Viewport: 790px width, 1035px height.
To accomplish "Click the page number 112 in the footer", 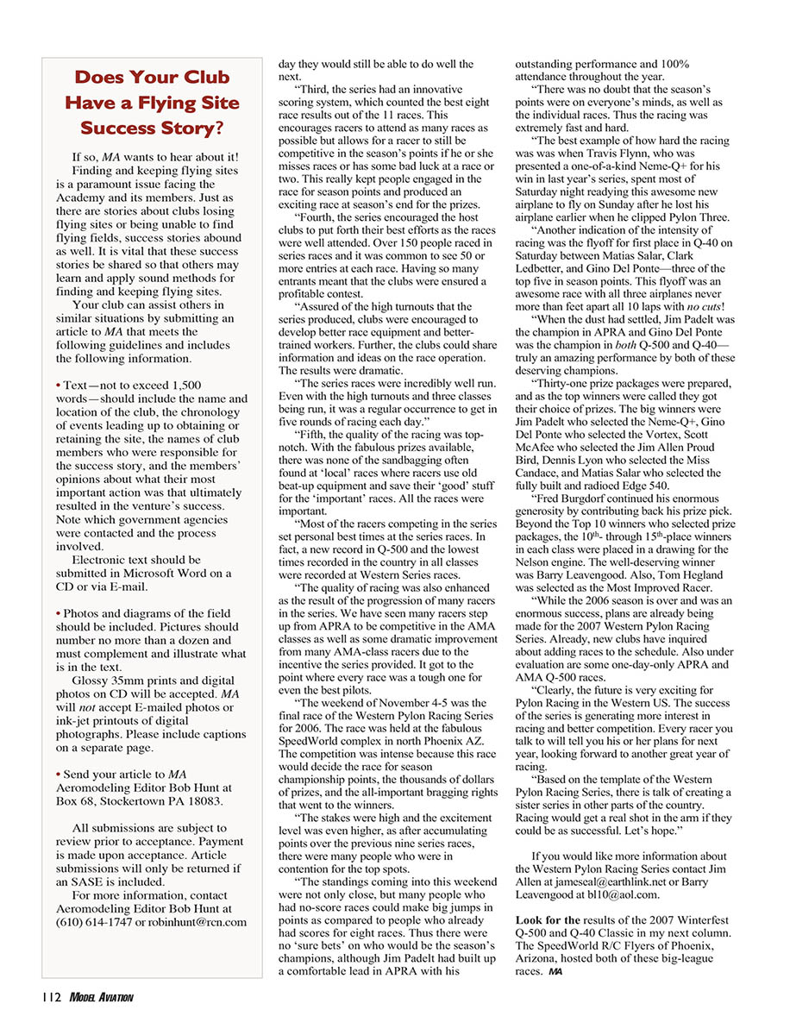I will point(48,997).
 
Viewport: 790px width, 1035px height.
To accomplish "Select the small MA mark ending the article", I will point(555,972).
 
